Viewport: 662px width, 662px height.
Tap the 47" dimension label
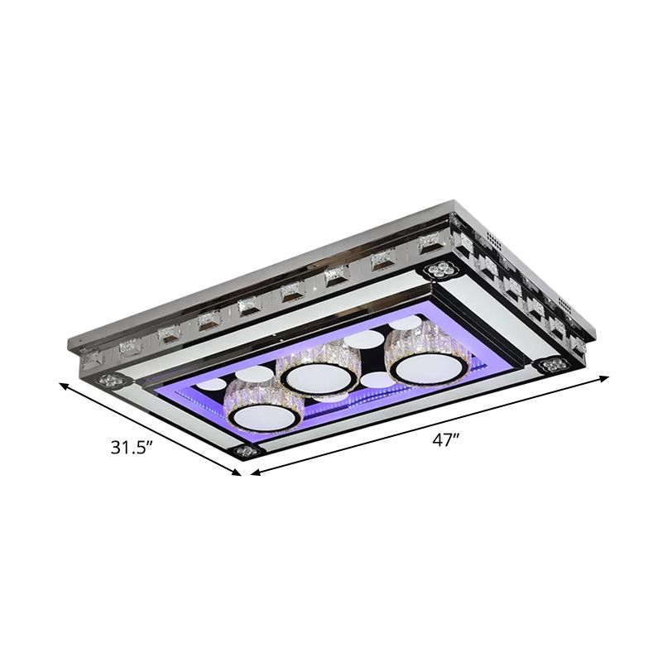[x=445, y=440]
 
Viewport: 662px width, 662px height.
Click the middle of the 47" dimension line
[x=429, y=425]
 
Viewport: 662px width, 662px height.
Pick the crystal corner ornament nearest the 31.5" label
[x=246, y=451]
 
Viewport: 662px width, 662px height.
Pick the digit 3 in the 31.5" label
[x=117, y=449]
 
